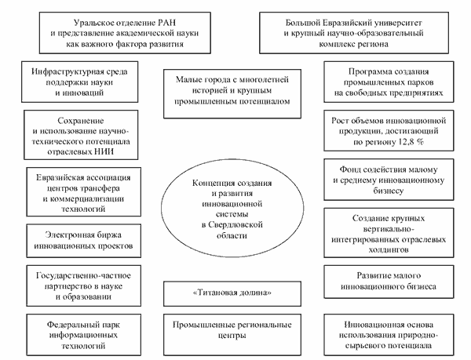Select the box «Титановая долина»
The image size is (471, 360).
[235, 293]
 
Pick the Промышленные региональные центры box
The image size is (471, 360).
[235, 329]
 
